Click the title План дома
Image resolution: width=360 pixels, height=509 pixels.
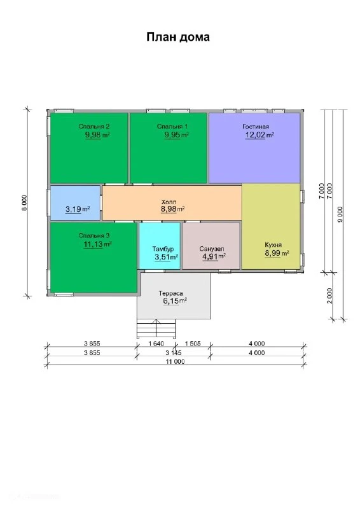point(178,38)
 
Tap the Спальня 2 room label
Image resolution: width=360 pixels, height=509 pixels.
point(93,127)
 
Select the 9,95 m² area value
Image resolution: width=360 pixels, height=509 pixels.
point(177,135)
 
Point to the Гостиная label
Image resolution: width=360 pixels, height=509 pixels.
point(256,127)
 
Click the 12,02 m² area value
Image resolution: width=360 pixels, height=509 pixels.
point(260,135)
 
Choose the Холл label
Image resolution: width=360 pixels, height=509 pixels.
point(169,202)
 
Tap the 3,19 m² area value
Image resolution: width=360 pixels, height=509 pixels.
point(78,209)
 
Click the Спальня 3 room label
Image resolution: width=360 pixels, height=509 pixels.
point(93,235)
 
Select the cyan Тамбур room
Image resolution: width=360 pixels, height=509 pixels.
point(160,246)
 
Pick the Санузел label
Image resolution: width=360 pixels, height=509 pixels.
point(212,249)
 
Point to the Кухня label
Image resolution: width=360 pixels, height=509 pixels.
point(273,245)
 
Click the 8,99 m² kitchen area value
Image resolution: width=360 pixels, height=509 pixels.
point(277,253)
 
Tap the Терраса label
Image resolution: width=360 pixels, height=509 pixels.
point(170,293)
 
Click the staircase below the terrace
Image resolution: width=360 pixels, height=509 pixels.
point(156,328)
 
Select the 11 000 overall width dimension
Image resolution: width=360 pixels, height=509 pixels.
point(176,361)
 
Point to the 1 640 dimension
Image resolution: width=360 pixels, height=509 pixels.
point(156,344)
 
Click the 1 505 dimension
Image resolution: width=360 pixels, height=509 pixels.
point(193,344)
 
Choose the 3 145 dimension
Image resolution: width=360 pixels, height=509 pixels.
point(174,352)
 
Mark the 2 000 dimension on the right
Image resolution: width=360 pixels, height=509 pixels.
point(330,296)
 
